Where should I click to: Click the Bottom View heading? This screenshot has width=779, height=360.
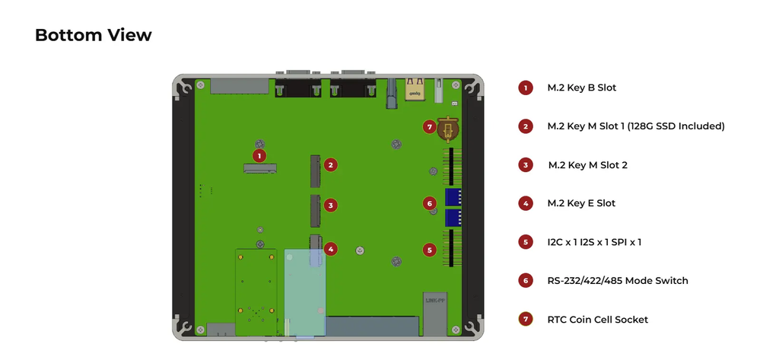click(x=93, y=35)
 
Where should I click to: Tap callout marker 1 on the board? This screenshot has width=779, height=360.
click(x=259, y=155)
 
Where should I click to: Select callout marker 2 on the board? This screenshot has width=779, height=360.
click(x=330, y=164)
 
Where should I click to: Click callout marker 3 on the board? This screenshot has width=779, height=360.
click(x=330, y=205)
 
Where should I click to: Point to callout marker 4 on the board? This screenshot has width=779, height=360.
click(x=330, y=249)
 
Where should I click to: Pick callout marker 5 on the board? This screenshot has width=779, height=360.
click(x=430, y=249)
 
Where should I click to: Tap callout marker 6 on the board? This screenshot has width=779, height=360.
click(x=430, y=203)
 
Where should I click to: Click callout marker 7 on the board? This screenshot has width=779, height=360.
click(x=430, y=127)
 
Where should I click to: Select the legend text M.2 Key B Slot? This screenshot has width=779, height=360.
click(x=582, y=88)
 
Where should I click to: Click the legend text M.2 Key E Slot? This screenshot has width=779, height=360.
click(x=581, y=203)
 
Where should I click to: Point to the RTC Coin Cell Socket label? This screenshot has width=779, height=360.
click(x=598, y=320)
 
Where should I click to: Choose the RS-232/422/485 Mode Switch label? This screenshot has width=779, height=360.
click(x=618, y=281)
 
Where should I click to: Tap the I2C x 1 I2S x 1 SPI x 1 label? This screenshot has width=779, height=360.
click(x=594, y=242)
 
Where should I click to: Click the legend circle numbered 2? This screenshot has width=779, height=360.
click(x=526, y=126)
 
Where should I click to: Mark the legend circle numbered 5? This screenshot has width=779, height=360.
click(x=526, y=242)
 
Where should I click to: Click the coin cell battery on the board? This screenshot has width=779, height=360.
click(x=449, y=129)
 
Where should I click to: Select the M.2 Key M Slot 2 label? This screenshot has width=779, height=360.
click(x=587, y=165)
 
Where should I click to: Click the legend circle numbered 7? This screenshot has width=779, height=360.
click(x=526, y=320)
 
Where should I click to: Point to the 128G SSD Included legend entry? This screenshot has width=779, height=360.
click(x=636, y=126)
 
